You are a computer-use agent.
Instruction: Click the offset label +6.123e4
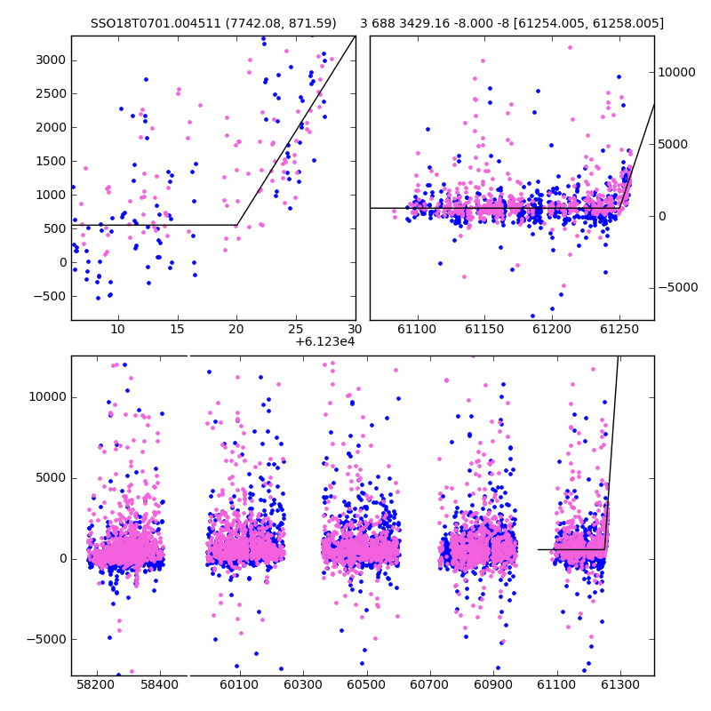click(325, 342)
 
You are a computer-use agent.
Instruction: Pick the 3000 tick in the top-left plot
click(51, 60)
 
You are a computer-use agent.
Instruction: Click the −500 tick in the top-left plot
click(51, 297)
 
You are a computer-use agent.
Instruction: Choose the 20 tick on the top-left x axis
click(236, 329)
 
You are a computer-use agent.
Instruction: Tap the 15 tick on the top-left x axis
click(177, 329)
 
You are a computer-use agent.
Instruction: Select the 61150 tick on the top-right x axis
click(484, 329)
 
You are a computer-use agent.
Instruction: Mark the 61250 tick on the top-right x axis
click(619, 329)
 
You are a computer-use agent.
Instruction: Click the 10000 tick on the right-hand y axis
click(676, 73)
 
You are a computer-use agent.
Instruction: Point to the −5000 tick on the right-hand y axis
click(678, 287)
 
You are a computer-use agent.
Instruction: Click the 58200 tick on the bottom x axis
click(96, 684)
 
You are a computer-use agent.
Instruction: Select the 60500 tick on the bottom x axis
click(366, 684)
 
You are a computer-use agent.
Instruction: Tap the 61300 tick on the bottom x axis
click(619, 684)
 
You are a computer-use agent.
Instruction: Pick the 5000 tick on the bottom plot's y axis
click(51, 478)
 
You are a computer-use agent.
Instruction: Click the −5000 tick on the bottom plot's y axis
click(47, 640)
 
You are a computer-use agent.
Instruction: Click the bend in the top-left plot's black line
click(237, 225)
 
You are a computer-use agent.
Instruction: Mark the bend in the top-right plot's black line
click(619, 208)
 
